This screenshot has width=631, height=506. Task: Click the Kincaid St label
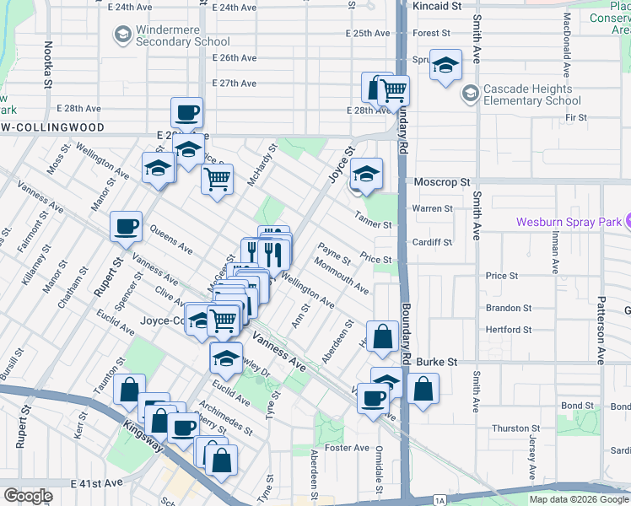(438, 5)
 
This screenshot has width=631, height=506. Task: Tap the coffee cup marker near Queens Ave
(127, 226)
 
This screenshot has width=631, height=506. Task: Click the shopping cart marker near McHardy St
(218, 179)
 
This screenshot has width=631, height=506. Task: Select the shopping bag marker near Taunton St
(129, 390)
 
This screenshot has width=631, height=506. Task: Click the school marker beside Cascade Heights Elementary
(445, 66)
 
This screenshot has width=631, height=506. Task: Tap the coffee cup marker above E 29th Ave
(187, 112)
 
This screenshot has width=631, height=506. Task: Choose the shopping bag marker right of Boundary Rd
(423, 390)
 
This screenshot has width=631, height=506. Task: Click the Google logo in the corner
(27, 496)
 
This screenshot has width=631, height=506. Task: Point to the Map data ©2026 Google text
(580, 499)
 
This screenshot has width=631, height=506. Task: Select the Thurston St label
(510, 428)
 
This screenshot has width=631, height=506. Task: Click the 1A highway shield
(440, 501)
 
